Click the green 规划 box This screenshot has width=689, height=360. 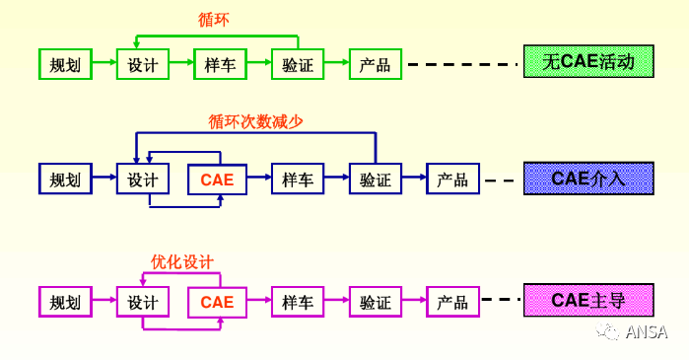coord(65,65)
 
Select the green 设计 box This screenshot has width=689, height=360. coord(143,65)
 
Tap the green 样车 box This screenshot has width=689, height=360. coord(220,65)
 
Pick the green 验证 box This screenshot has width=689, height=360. coord(298,65)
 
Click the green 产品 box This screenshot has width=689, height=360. coord(376,65)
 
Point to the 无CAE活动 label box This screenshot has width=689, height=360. coord(588,63)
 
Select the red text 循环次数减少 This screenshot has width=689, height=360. coord(255,121)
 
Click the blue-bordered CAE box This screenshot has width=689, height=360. coord(217,180)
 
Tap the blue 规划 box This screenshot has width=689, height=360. coord(65,180)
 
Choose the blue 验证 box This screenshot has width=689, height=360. coord(376,180)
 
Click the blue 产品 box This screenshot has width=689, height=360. coord(452,180)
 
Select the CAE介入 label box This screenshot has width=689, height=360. coord(588,179)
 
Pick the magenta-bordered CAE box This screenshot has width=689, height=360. coord(217,302)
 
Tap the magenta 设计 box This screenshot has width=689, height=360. coord(143,302)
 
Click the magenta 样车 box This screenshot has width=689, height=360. coord(298,302)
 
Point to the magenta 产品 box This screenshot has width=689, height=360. coord(452,302)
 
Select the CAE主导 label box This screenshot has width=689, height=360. coord(588,300)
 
